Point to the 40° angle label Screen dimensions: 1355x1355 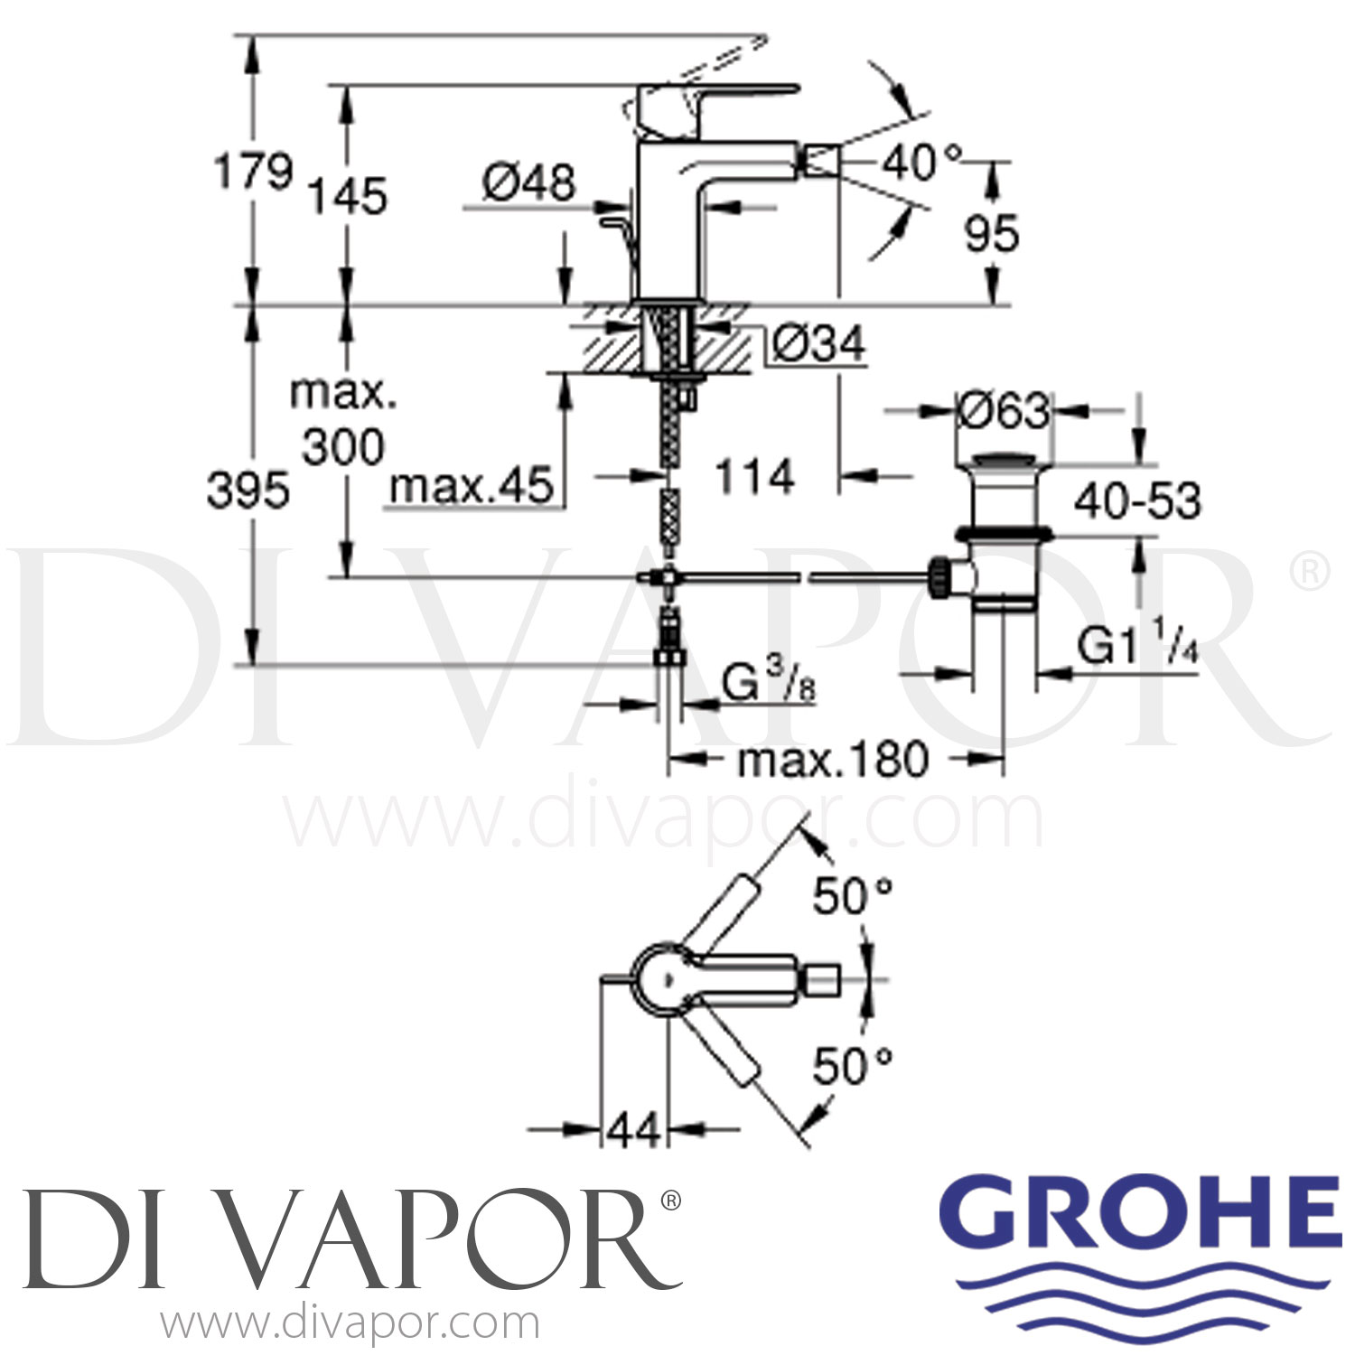920,164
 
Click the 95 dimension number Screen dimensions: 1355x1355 991,233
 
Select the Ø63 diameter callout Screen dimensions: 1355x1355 1003,412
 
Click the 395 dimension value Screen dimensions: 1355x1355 248,491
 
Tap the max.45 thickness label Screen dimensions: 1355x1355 471,487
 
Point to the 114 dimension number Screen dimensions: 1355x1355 754,476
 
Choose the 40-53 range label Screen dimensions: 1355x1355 1137,501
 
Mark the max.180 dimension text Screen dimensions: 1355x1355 832,761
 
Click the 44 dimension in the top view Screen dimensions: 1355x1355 634,1129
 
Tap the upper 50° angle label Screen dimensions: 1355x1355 852,897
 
